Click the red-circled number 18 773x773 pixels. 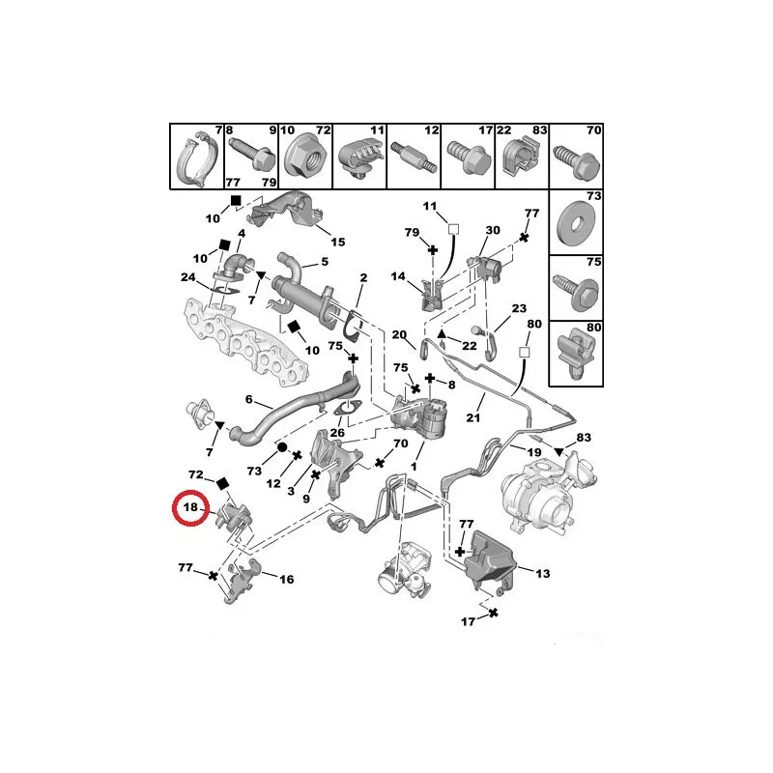coord(190,506)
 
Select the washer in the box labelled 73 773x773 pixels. coord(575,225)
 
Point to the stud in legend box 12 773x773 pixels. coord(414,157)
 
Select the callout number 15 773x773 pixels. coord(337,243)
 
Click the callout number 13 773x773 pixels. coord(542,573)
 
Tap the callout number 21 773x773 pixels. coord(472,417)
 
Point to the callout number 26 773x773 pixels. coord(337,433)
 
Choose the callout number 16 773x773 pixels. coord(286,579)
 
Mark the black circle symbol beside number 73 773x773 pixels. coord(282,447)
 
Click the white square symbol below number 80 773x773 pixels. coord(525,352)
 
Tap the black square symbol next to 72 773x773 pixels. coord(223,483)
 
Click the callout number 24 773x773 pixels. coord(187,277)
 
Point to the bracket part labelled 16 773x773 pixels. coord(243,581)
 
